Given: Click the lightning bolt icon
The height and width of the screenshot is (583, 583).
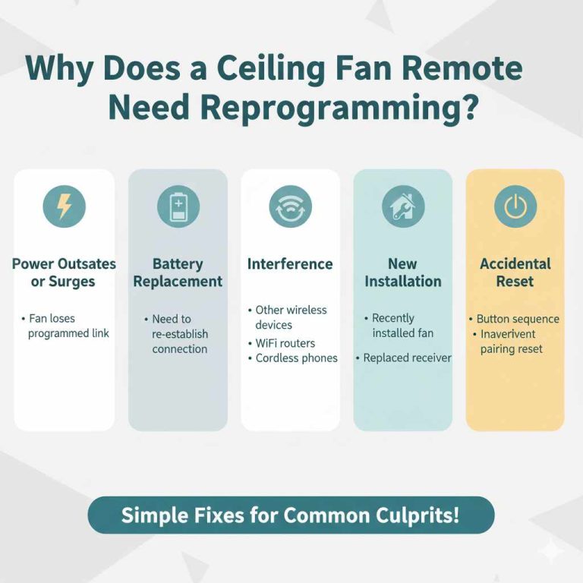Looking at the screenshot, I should [x=65, y=206].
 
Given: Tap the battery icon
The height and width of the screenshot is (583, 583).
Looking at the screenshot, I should [x=178, y=206].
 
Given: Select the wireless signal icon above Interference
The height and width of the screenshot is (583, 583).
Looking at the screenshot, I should [x=290, y=206].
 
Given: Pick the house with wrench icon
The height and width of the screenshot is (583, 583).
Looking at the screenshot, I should [x=402, y=206].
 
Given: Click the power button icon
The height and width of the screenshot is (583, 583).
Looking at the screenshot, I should [x=515, y=206].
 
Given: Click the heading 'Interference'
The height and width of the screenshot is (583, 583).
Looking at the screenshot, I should [x=290, y=264].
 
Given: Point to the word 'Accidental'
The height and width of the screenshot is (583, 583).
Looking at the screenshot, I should [x=515, y=264].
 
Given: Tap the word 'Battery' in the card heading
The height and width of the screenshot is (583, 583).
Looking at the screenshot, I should [x=178, y=264].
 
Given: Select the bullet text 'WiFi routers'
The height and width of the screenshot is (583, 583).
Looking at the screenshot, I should [x=285, y=343].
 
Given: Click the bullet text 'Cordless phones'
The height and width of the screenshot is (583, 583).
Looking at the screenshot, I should [x=296, y=358].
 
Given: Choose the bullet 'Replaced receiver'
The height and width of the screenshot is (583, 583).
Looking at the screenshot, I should [x=407, y=358].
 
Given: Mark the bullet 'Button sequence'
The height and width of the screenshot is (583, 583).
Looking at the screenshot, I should [x=518, y=319].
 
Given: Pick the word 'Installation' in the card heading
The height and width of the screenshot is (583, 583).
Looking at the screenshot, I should [x=402, y=282].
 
